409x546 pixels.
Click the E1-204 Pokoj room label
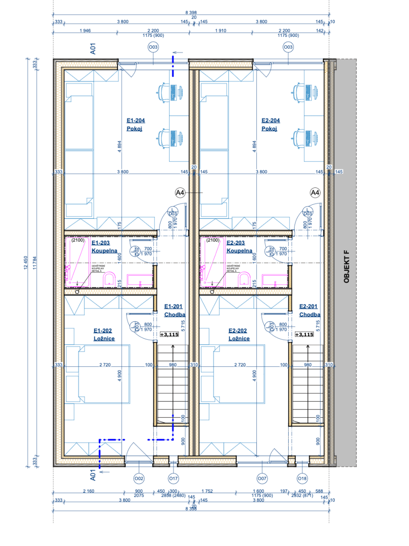136,125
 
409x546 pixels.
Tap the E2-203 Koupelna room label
239,247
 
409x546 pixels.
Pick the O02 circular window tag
139,478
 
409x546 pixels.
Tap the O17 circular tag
173,478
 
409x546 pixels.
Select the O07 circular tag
262,478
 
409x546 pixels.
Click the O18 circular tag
302,478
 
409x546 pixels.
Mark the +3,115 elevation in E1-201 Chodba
169,334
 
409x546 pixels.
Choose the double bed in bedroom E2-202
239,373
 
